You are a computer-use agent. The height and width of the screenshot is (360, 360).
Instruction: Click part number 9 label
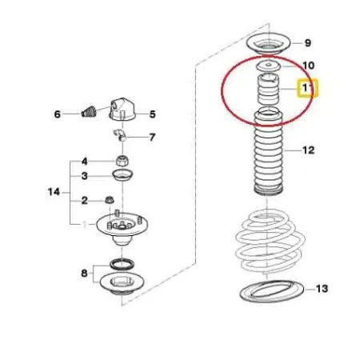click(x=308, y=43)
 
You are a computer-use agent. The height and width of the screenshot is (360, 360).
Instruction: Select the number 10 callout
click(x=308, y=65)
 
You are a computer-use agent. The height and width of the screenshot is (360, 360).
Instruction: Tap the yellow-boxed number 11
click(x=307, y=89)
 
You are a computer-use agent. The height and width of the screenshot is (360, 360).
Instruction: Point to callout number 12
click(x=308, y=150)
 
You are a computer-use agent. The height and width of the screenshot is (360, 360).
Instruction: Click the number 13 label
click(x=322, y=287)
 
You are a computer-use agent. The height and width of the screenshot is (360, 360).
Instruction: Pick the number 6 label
click(x=58, y=114)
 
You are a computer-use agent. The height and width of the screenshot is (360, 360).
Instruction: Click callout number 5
click(x=152, y=114)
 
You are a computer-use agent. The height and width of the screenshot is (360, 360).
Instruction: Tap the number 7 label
click(x=152, y=137)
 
